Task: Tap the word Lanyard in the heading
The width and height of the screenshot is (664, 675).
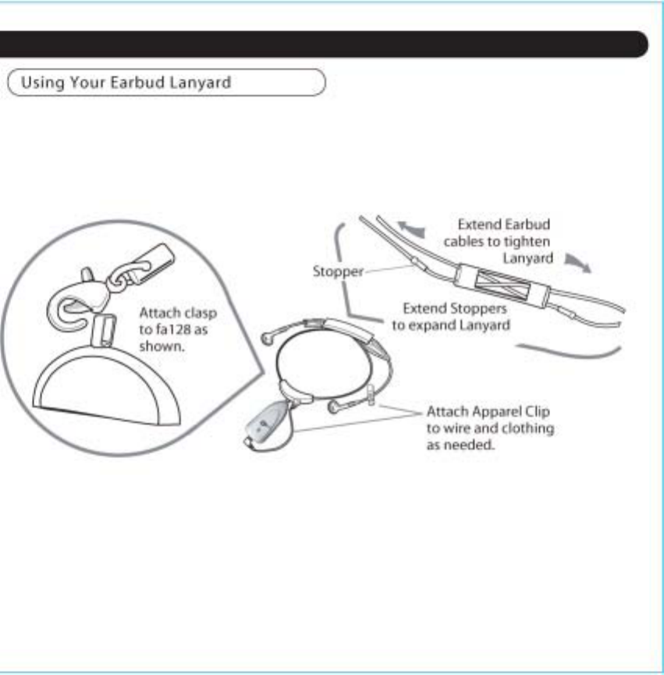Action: click(204, 82)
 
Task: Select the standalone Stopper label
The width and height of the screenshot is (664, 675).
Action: click(338, 272)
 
